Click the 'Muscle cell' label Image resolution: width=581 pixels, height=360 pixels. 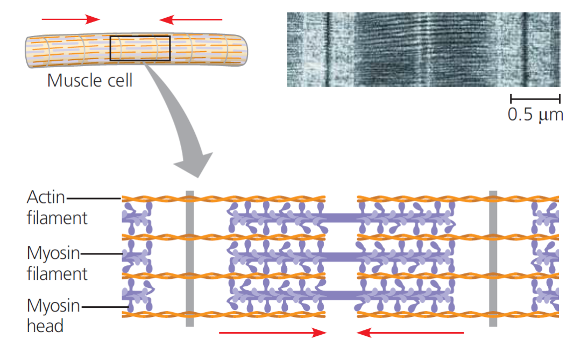[x=89, y=80]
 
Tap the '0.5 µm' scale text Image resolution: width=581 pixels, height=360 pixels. [x=535, y=115]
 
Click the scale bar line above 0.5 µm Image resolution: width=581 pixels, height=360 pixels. [x=535, y=98]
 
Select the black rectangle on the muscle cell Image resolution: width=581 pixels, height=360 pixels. [x=140, y=48]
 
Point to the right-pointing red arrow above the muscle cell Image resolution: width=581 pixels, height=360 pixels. [x=71, y=19]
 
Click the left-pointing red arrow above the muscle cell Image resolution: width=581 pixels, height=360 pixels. [x=190, y=20]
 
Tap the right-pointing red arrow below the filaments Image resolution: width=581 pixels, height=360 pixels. [x=272, y=333]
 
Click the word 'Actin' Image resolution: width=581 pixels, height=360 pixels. [x=46, y=198]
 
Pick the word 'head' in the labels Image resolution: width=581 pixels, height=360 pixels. [x=45, y=326]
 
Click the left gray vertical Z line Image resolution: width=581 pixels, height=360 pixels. [x=189, y=258]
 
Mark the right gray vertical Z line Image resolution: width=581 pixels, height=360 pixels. [x=493, y=258]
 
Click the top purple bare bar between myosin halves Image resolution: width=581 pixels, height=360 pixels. [x=342, y=217]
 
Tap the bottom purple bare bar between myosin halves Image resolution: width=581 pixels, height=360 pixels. [x=342, y=294]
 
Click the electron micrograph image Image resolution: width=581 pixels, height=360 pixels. [x=423, y=50]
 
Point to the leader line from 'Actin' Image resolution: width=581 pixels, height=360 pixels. [x=94, y=198]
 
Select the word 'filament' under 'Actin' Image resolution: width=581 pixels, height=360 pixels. [x=56, y=218]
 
